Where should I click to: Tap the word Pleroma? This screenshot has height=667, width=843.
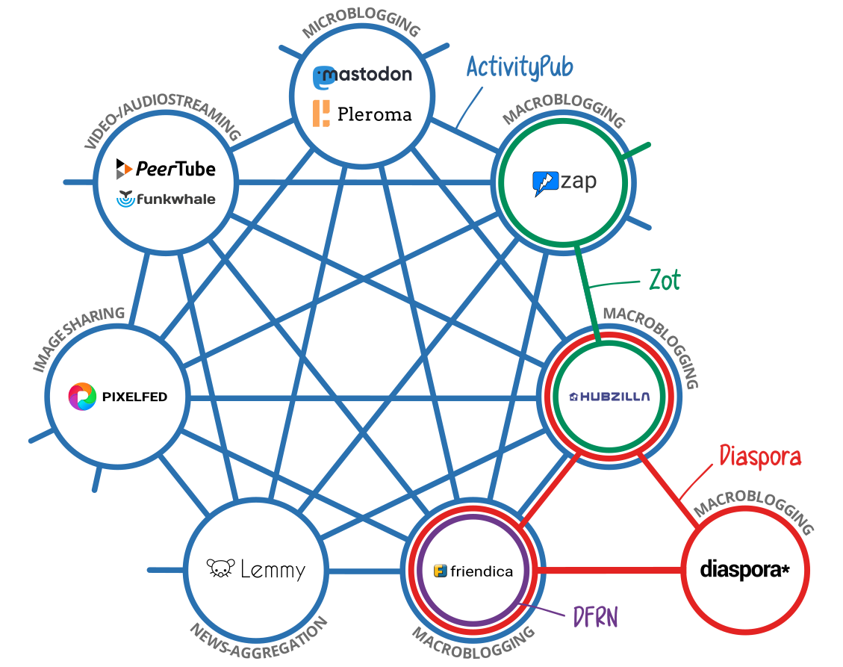pyautogui.click(x=374, y=114)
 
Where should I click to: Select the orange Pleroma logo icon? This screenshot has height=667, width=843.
pyautogui.click(x=321, y=113)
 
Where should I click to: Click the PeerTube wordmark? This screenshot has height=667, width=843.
pyautogui.click(x=175, y=169)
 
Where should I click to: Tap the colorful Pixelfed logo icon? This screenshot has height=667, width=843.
pyautogui.click(x=82, y=397)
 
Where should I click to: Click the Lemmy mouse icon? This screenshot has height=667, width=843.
pyautogui.click(x=220, y=569)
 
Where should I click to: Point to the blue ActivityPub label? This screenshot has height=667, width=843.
pyautogui.click(x=520, y=67)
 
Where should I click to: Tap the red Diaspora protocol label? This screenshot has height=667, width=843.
pyautogui.click(x=759, y=456)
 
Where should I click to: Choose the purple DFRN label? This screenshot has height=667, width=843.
pyautogui.click(x=595, y=616)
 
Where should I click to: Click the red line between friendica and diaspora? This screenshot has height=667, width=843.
pyautogui.click(x=609, y=571)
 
